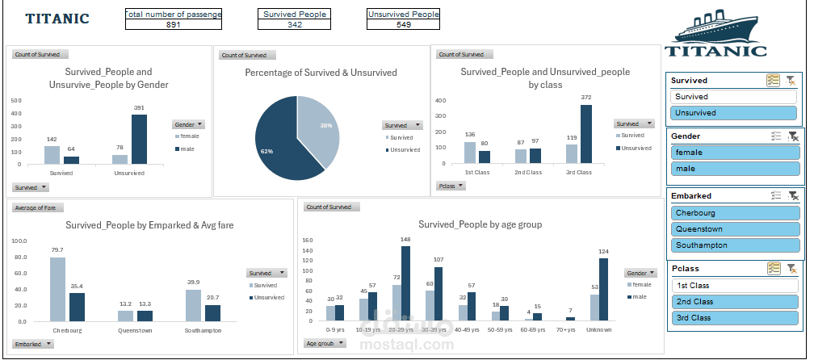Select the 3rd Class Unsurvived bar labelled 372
(585, 134)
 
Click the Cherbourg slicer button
(734, 213)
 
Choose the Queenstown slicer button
(734, 229)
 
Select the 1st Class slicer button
(734, 286)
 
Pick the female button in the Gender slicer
(734, 153)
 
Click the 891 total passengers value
(173, 25)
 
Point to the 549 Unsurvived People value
(404, 25)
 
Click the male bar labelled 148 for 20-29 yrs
(405, 284)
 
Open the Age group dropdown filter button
(324, 343)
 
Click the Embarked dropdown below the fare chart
(33, 344)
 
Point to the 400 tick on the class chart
(441, 101)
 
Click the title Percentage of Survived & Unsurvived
(321, 73)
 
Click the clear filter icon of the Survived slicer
(791, 80)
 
